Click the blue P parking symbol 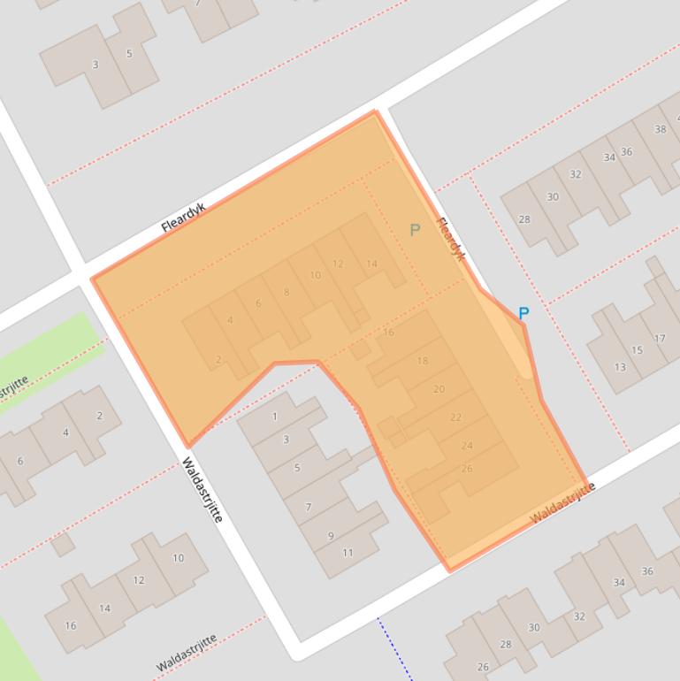click(523, 313)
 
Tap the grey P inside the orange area click(415, 230)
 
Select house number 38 click(660, 129)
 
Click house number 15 click(637, 350)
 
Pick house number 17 click(660, 338)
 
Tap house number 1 click(275, 416)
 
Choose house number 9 click(332, 535)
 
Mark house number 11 click(348, 553)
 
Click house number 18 click(422, 361)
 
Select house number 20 click(439, 389)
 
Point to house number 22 click(455, 417)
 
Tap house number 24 click(467, 446)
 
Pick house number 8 click(287, 292)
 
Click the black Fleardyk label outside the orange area click(183, 218)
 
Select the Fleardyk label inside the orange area click(451, 239)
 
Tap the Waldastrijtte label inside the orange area click(562, 504)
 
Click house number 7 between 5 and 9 click(309, 507)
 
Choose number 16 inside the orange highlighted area click(388, 333)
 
